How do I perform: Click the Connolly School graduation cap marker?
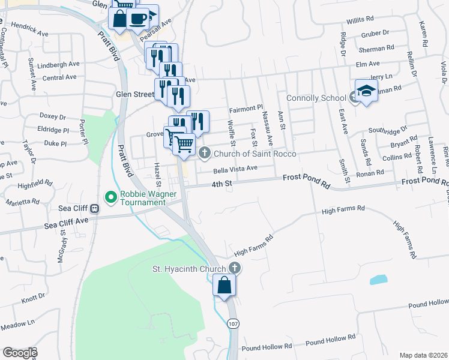366,91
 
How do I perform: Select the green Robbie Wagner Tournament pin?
110,196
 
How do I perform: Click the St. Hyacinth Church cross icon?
234,268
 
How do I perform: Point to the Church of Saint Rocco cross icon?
204,153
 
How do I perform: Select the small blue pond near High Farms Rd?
378,279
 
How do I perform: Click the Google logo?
19,353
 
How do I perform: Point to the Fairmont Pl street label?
246,109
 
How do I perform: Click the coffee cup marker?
138,18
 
